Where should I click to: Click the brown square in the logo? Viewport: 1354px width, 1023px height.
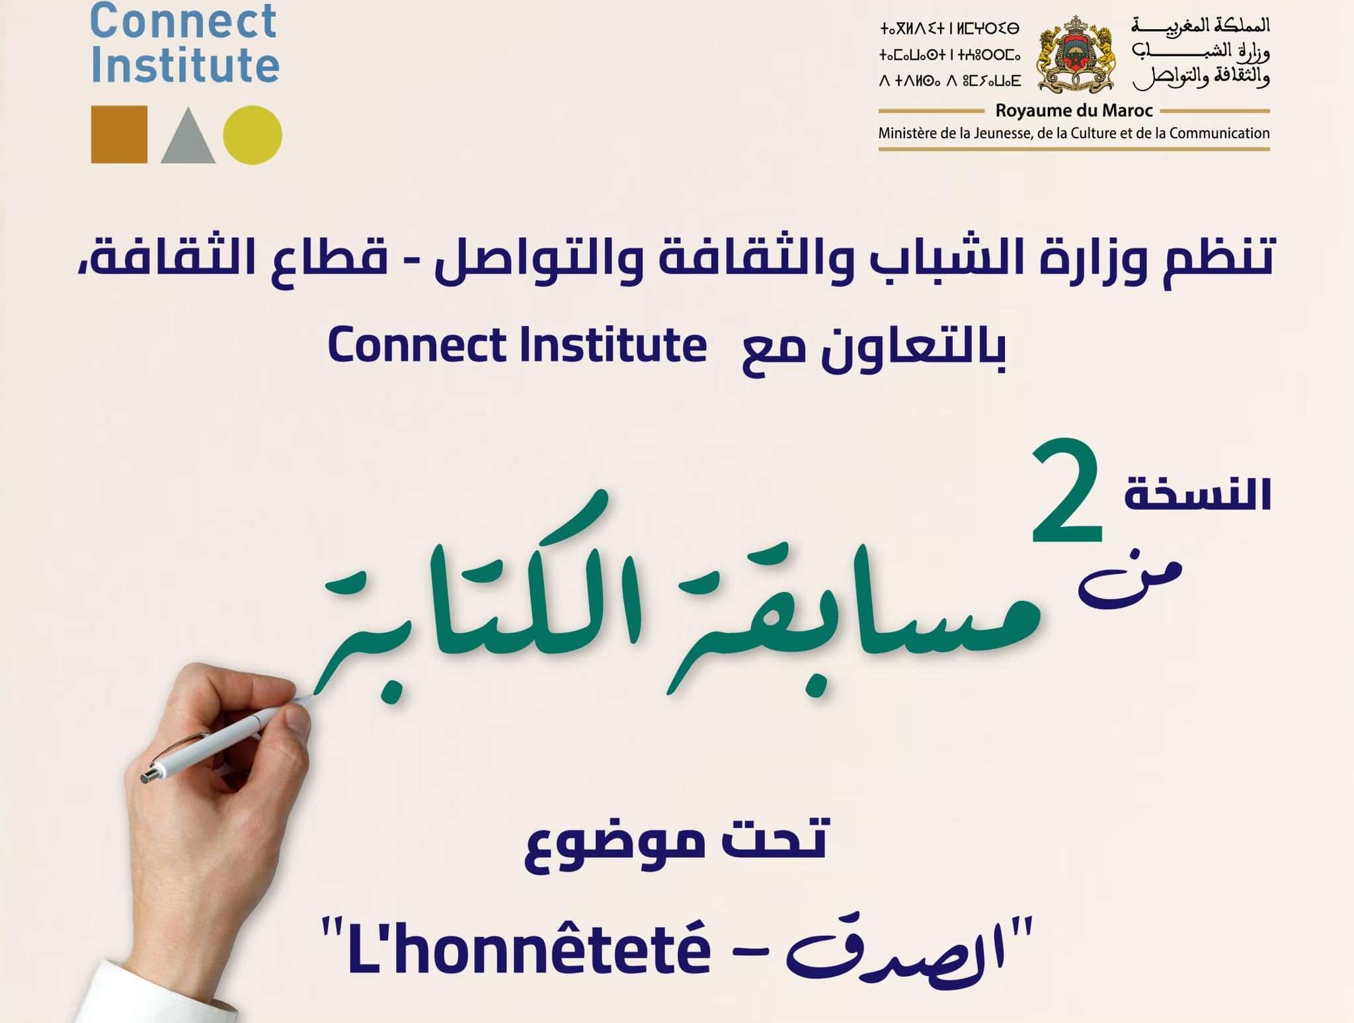(119, 134)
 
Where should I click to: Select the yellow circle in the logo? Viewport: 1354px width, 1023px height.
(252, 134)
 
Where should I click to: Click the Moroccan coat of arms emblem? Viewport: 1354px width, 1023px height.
(1076, 55)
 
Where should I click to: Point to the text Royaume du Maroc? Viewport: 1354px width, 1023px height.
(1074, 110)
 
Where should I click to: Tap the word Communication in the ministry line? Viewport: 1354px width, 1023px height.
(1219, 134)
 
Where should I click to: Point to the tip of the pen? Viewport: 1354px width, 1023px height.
(305, 699)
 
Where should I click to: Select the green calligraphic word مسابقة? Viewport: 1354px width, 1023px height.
(853, 615)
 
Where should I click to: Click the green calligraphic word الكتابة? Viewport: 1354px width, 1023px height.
(476, 615)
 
